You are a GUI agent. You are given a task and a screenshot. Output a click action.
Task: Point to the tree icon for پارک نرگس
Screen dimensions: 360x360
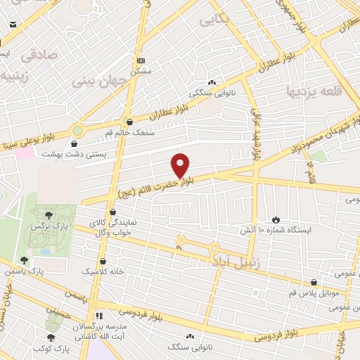48,215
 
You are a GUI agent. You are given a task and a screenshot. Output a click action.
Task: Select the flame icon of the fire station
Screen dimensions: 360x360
275,220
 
